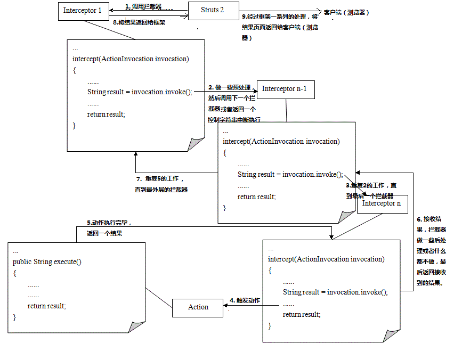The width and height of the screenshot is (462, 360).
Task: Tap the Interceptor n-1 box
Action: click(x=285, y=89)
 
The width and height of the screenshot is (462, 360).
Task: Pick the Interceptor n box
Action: click(x=382, y=203)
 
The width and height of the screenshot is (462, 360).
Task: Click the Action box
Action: click(x=198, y=307)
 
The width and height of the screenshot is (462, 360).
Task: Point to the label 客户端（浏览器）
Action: click(x=346, y=12)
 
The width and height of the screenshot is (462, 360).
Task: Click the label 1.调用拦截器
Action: click(x=143, y=7)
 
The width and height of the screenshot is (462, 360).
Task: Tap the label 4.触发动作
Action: click(x=245, y=300)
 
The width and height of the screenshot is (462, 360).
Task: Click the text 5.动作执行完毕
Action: click(x=109, y=223)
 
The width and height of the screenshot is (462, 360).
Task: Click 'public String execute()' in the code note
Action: click(x=47, y=262)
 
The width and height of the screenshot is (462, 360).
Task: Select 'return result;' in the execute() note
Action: click(x=46, y=306)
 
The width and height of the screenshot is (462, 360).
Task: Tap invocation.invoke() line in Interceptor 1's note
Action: click(x=139, y=92)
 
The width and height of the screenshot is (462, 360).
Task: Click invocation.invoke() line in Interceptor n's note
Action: click(x=335, y=292)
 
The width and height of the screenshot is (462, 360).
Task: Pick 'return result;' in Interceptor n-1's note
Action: click(x=257, y=197)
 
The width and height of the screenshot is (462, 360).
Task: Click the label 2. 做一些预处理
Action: click(x=229, y=87)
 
